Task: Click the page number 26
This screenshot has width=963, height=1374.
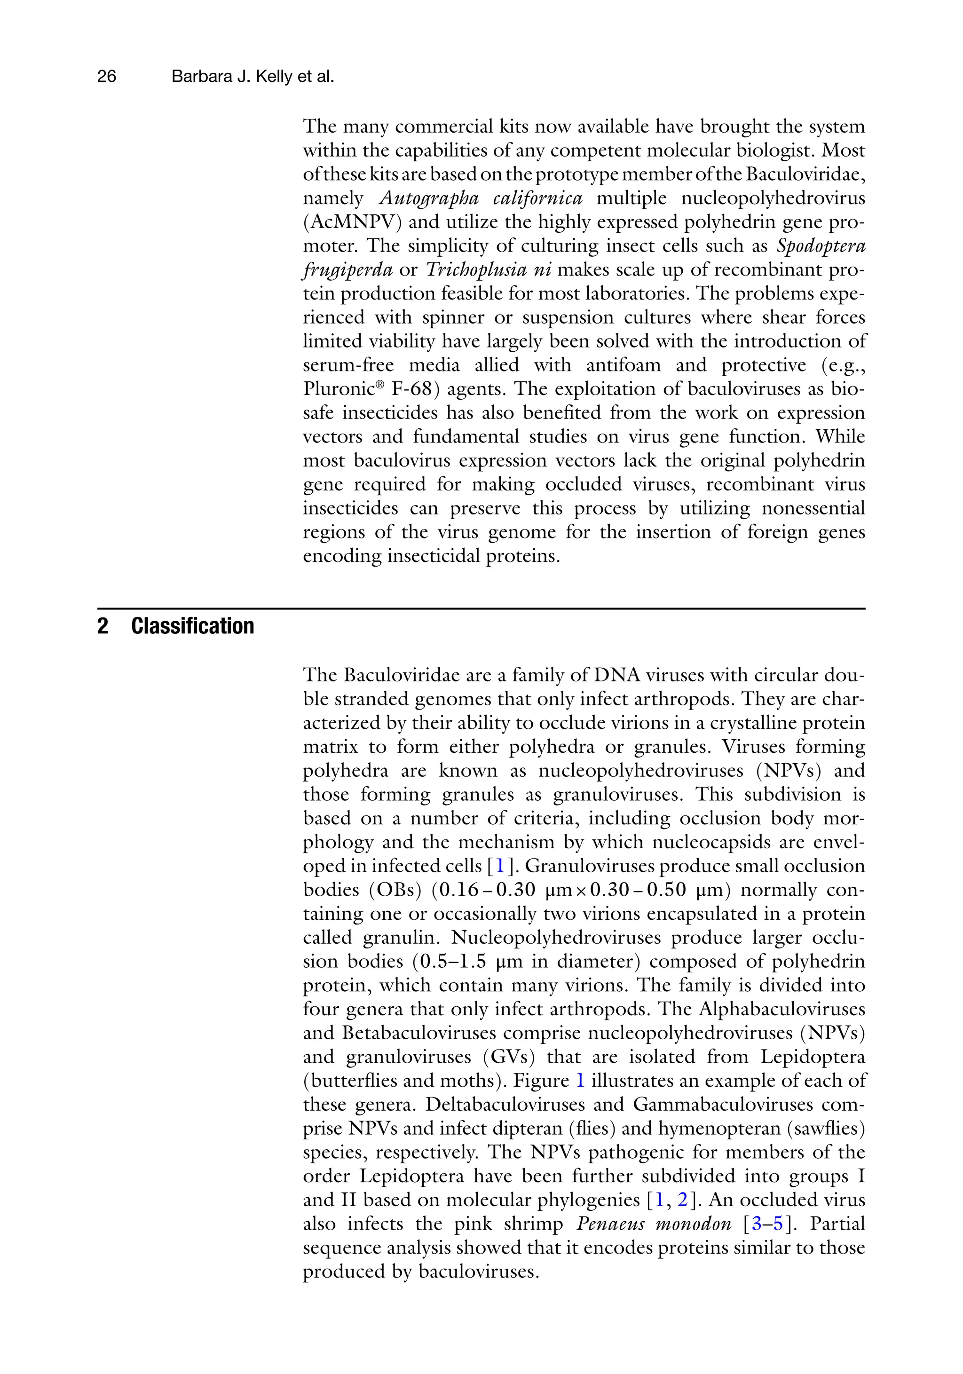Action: coord(107,77)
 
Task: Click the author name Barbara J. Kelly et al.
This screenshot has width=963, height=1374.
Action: coord(253,77)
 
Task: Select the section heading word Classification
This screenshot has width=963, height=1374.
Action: coord(192,626)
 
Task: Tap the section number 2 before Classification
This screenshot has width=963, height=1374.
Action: coord(103,626)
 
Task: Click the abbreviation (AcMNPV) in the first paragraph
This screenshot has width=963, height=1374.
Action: coord(347,222)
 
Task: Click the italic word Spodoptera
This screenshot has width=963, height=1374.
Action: coord(821,246)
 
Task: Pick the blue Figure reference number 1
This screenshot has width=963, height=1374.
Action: coord(579,1081)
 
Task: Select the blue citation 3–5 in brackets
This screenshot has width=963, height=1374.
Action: coord(767,1224)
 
